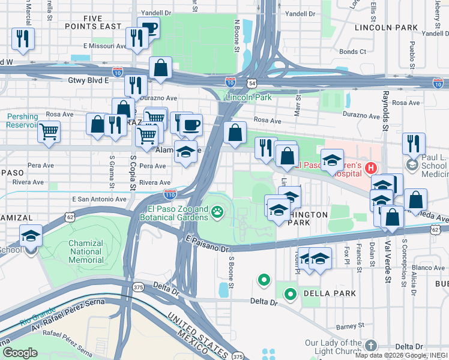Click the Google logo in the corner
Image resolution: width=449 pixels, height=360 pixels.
point(20,353)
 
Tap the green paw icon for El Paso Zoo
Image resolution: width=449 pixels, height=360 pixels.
point(217,211)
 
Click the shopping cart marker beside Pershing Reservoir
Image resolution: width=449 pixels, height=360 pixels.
point(49,131)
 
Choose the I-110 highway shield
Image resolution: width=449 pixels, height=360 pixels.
point(170,194)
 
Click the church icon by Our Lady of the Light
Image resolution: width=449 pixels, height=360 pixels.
point(371,345)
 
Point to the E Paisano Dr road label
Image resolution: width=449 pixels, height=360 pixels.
point(207,243)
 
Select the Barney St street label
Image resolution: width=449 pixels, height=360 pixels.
point(346,326)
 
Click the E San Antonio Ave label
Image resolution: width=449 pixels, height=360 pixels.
point(99,199)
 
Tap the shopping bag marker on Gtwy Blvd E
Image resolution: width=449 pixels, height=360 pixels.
point(161,69)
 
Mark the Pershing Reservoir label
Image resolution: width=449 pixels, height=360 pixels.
point(22,121)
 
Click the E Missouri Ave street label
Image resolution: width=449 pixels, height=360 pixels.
point(106,46)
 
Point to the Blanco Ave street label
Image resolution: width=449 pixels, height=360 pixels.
point(428,268)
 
